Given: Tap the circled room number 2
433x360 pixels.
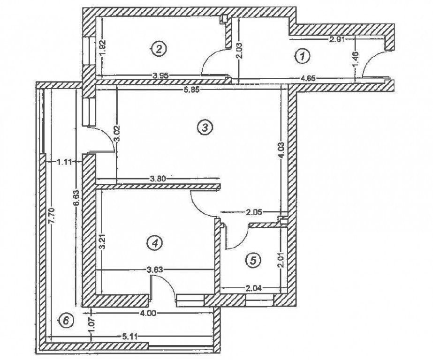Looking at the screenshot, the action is coord(159,48).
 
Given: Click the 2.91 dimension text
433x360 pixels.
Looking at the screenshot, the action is coord(337,40).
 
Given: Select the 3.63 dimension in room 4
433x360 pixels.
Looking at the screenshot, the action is coord(155,269).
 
